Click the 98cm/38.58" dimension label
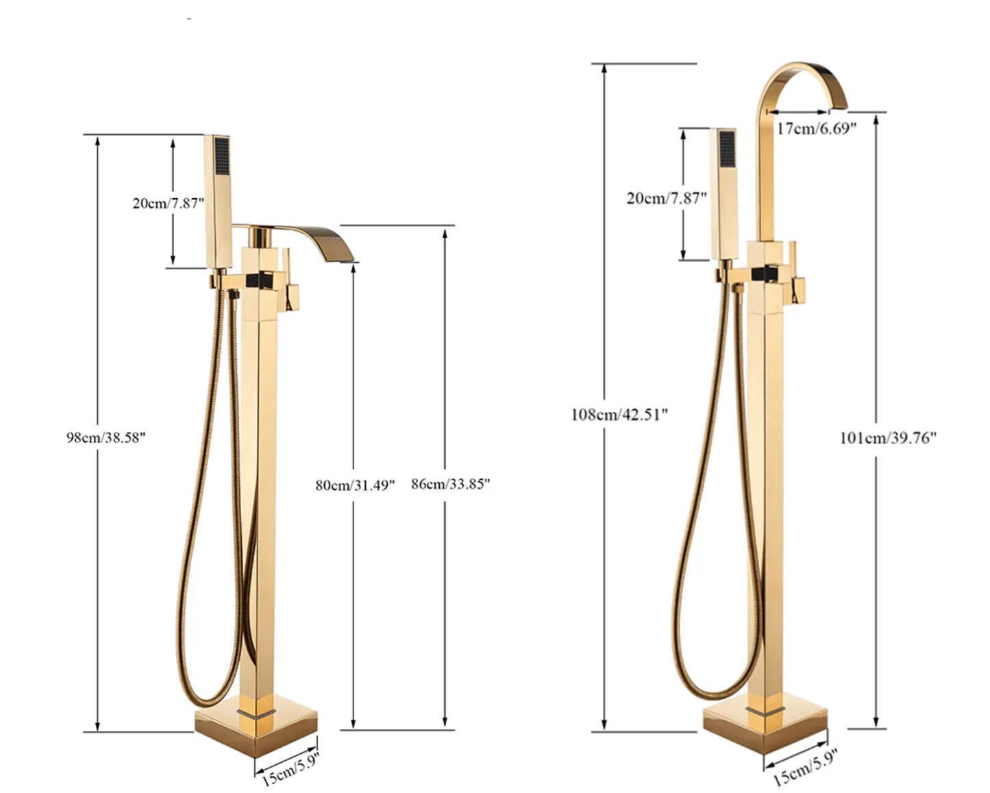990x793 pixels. [x=106, y=437]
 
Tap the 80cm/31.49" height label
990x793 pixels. [x=355, y=485]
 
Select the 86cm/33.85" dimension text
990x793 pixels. [x=450, y=484]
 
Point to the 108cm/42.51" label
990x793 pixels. [x=619, y=414]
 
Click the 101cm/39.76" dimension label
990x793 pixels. [x=888, y=438]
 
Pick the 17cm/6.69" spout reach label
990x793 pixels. [x=816, y=128]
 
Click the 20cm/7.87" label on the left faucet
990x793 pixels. [x=169, y=203]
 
